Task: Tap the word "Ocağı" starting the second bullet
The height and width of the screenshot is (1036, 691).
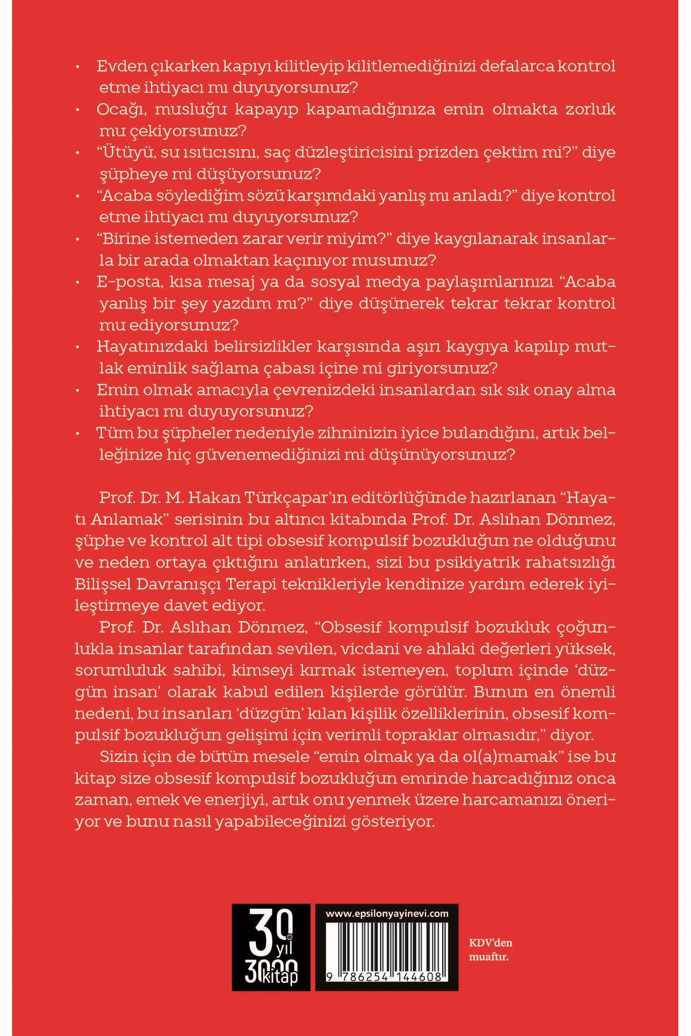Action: [119, 109]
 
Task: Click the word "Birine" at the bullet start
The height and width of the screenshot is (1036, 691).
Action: [126, 239]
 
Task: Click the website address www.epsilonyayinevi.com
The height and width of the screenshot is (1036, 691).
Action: [387, 913]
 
